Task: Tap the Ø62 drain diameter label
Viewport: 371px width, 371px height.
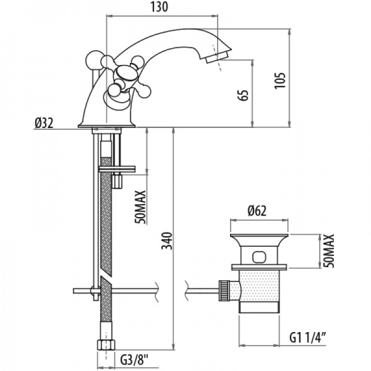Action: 257,211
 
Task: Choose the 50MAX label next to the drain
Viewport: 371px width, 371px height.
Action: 330,250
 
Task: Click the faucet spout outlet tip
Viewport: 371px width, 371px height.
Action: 218,58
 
